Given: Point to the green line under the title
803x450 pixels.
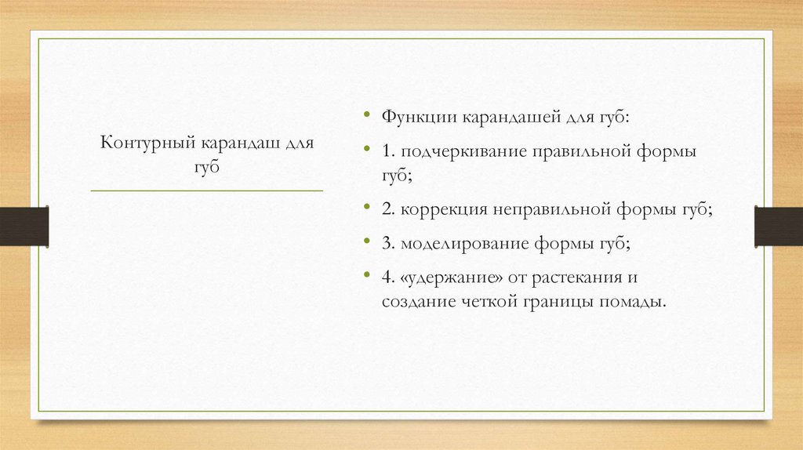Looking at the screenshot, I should (207, 191).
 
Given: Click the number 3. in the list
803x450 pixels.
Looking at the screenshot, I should (388, 243).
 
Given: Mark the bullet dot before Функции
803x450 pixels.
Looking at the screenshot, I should (367, 116).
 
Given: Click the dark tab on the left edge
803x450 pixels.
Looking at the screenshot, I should (24, 226).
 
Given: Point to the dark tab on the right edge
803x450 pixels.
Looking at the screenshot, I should (778, 226).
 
